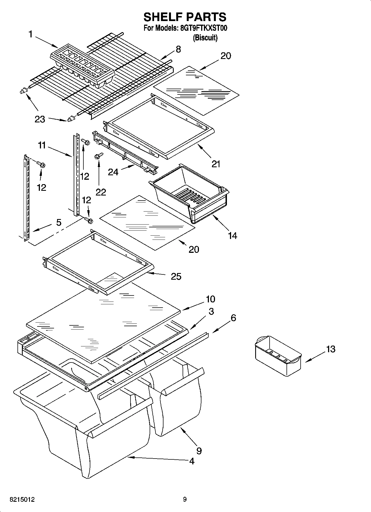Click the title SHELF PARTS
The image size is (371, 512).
[x=185, y=17]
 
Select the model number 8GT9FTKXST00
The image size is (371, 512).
[x=204, y=28]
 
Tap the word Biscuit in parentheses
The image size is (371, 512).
[x=205, y=38]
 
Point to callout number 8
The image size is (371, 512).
[x=178, y=49]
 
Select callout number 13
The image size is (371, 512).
[x=331, y=349]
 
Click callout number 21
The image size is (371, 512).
[x=216, y=164]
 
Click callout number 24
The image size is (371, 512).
[x=113, y=172]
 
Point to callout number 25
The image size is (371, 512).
[x=176, y=276]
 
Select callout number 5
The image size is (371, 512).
[x=59, y=222]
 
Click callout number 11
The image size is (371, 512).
[x=42, y=145]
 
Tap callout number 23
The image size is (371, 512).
[x=40, y=119]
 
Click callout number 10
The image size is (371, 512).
[x=210, y=299]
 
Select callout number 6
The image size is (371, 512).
[x=233, y=318]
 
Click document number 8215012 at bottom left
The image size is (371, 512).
[x=22, y=500]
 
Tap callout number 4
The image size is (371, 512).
[x=192, y=461]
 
